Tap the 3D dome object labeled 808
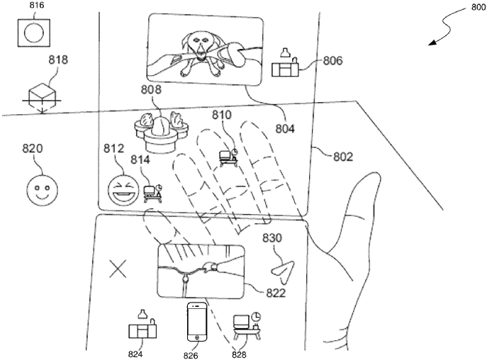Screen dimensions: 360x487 pos(162,130)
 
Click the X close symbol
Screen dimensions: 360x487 pos(118,269)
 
